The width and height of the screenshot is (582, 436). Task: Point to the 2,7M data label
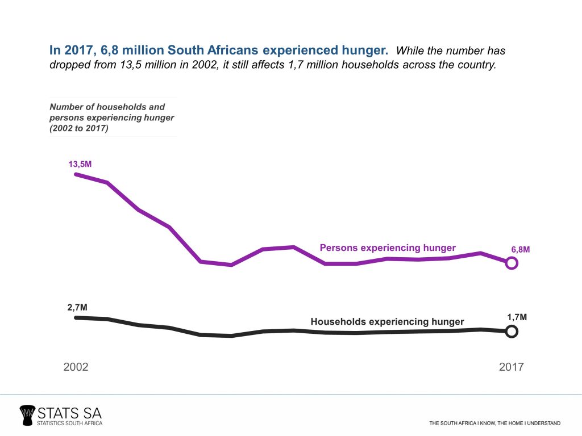click(77, 308)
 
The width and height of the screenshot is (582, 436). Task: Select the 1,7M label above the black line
click(517, 317)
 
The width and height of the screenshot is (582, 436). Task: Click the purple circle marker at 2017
click(512, 263)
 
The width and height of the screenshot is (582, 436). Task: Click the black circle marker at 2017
click(512, 332)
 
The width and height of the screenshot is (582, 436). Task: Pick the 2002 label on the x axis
click(76, 367)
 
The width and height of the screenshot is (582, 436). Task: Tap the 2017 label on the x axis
click(512, 367)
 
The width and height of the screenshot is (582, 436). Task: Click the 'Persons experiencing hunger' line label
click(388, 248)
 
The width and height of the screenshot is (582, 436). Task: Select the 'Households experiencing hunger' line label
click(387, 322)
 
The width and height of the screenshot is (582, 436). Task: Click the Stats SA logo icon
click(27, 415)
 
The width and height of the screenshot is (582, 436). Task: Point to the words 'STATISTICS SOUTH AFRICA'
click(69, 424)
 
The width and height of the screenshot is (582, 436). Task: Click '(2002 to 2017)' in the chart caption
click(79, 128)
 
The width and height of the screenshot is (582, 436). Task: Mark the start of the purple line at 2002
click(76, 174)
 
